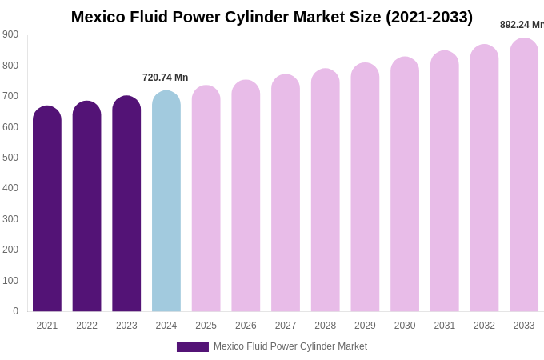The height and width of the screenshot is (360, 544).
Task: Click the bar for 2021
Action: [47, 210]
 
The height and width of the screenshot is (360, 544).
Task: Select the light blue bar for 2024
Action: [166, 202]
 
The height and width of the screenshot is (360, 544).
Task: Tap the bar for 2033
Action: [524, 176]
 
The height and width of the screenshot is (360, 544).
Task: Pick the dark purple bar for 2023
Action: [126, 205]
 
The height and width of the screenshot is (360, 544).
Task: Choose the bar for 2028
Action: [325, 191]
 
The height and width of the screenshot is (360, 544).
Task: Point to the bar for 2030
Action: [405, 186]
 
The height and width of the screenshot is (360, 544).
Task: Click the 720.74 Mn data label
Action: [166, 78]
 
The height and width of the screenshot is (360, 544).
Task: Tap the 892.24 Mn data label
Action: [522, 25]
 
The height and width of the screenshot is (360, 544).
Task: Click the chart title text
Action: [272, 17]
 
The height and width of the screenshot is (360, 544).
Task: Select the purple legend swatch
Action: [193, 347]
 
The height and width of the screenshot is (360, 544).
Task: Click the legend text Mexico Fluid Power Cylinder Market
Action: [290, 346]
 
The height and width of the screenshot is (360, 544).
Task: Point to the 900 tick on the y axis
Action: [10, 34]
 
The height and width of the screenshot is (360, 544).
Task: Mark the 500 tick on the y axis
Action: [10, 158]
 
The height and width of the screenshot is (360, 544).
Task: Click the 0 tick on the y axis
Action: [15, 311]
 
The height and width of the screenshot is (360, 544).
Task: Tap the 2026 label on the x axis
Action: [246, 326]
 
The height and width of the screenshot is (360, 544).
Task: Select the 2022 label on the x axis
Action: [86, 326]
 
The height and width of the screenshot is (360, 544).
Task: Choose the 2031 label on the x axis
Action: [445, 326]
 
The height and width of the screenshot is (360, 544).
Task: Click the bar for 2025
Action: [206, 199]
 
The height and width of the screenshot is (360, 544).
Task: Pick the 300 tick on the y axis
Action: [10, 219]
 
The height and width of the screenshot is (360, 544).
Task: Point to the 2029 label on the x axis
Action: [365, 326]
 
